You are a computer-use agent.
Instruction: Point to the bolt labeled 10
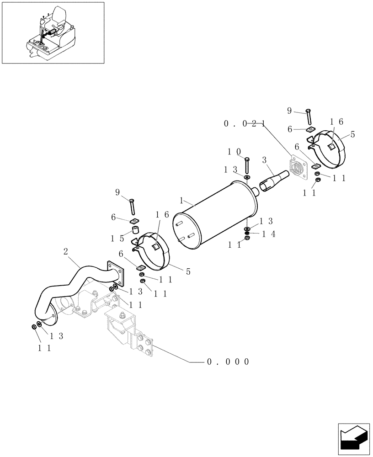tap(247, 165)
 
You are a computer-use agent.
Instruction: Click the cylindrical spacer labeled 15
tap(136, 229)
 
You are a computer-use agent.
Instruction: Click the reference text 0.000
tap(228, 362)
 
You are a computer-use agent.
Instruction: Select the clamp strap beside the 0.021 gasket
tap(331, 143)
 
